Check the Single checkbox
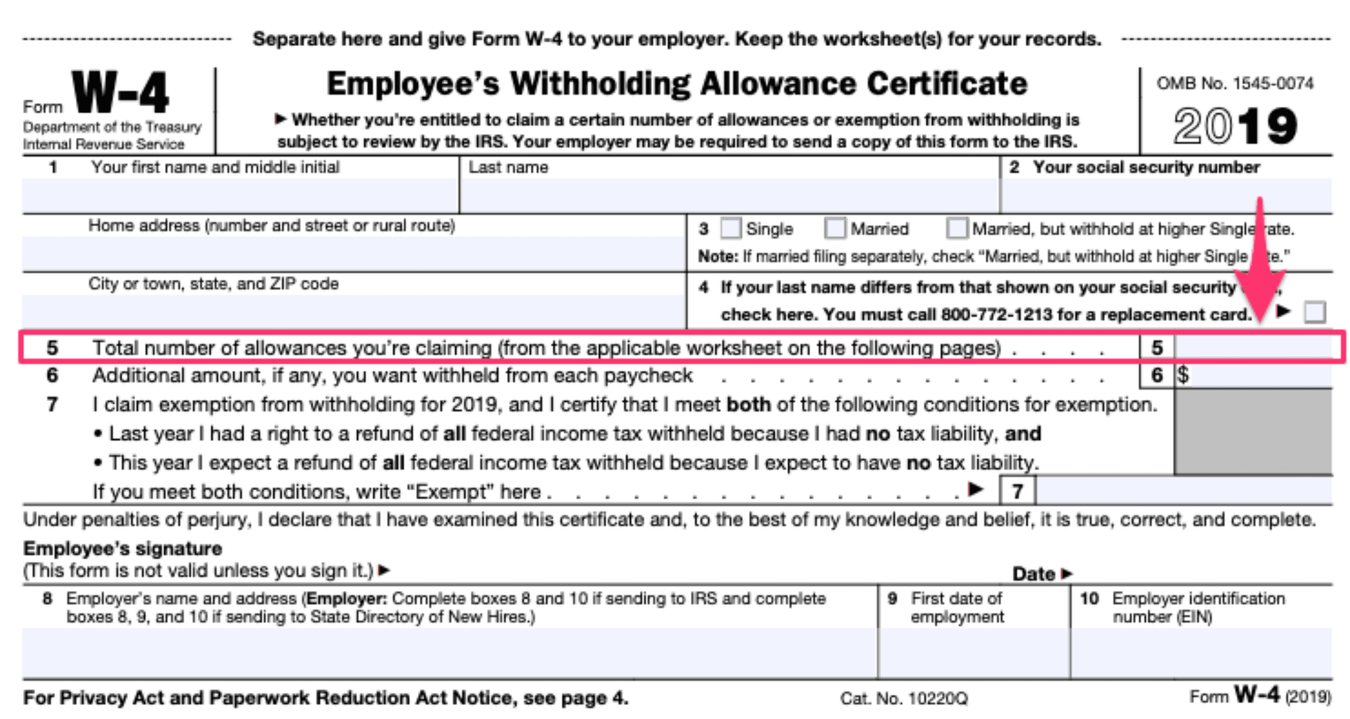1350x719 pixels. pyautogui.click(x=730, y=229)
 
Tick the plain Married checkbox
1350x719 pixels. pyautogui.click(x=835, y=229)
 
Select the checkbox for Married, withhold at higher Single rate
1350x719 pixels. pyautogui.click(x=956, y=229)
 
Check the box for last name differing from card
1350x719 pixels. pyautogui.click(x=1314, y=312)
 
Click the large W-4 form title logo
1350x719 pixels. pyautogui.click(x=121, y=93)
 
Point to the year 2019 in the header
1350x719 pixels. pyautogui.click(x=1235, y=126)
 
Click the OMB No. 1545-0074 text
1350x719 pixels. pyautogui.click(x=1235, y=84)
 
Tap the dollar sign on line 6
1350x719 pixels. pyautogui.click(x=1183, y=375)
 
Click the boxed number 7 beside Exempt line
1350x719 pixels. pyautogui.click(x=1018, y=491)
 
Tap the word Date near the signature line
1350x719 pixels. pyautogui.click(x=1034, y=574)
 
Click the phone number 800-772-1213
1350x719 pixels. pyautogui.click(x=996, y=315)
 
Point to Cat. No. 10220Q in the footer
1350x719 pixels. pyautogui.click(x=904, y=699)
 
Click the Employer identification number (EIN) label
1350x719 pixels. pyautogui.click(x=1198, y=608)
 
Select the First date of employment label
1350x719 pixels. pyautogui.click(x=956, y=608)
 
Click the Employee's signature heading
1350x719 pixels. pyautogui.click(x=123, y=549)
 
